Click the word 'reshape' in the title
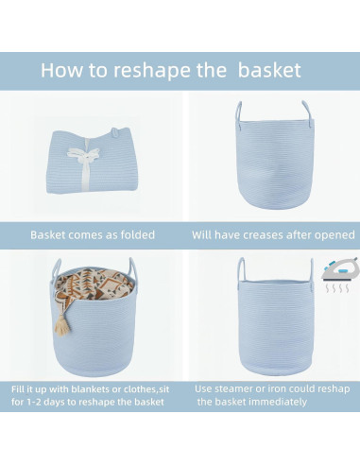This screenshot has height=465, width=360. pos(152,71)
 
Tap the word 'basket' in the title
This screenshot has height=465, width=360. pos(269,70)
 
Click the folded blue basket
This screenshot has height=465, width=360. pos(92,161)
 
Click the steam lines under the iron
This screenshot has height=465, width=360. pos(337,287)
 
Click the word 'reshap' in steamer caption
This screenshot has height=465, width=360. pos(334,389)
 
